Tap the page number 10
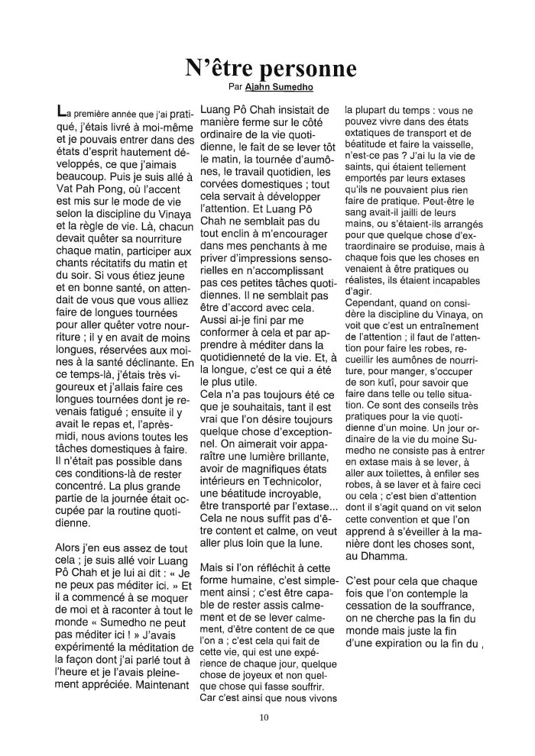click(x=264, y=716)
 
